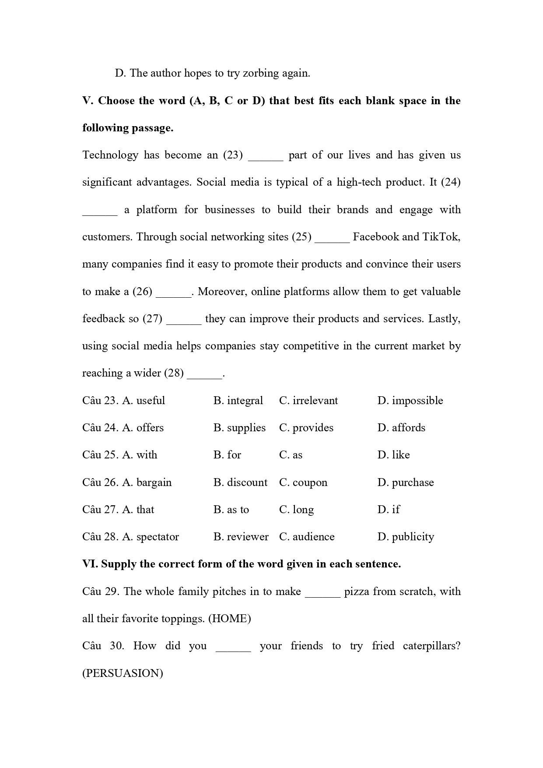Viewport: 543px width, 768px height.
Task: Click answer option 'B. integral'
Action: [x=238, y=401]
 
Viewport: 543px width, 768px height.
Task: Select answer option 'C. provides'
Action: [x=306, y=428]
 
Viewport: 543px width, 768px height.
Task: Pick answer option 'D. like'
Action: [x=393, y=455]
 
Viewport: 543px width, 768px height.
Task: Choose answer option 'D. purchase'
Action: [x=406, y=483]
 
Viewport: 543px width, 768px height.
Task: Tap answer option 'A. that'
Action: [x=138, y=510]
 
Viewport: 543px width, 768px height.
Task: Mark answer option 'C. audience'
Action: [x=307, y=537]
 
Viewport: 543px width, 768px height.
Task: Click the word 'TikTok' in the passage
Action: [x=441, y=237]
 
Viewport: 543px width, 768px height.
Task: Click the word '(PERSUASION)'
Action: [x=123, y=673]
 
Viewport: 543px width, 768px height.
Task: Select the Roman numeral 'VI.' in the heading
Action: [x=90, y=564]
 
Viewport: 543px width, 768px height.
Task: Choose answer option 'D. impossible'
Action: [x=410, y=401]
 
